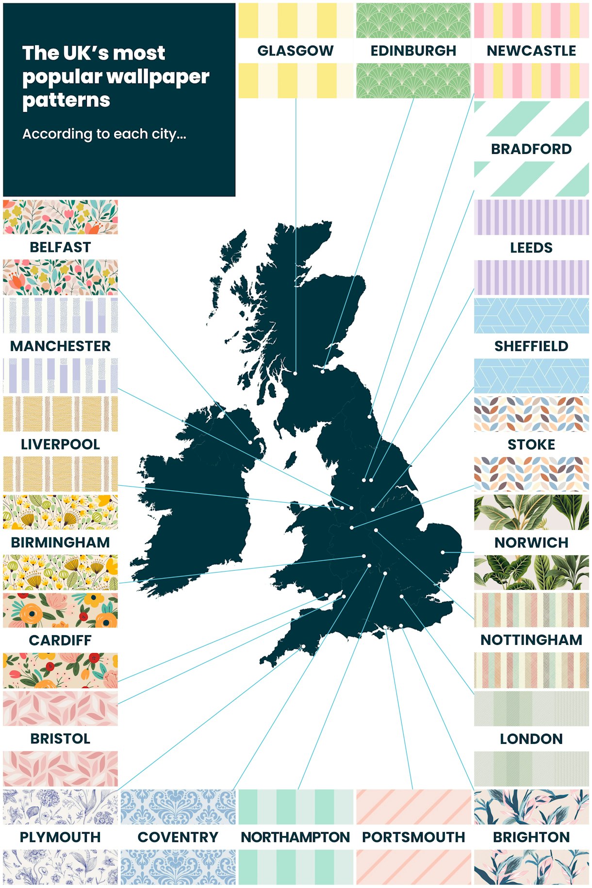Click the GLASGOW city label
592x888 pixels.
click(x=295, y=50)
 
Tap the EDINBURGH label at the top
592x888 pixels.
click(x=413, y=50)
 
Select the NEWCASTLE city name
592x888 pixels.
click(x=531, y=50)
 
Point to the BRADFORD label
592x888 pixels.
click(x=531, y=149)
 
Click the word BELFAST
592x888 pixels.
click(x=60, y=247)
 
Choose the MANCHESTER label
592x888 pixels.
click(x=60, y=346)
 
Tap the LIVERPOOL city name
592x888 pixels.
click(x=60, y=444)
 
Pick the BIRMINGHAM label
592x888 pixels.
click(x=60, y=542)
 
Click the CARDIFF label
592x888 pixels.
click(x=60, y=640)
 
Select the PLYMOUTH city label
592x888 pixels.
click(x=60, y=837)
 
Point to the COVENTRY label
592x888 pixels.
click(x=178, y=837)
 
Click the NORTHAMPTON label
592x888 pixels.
click(x=295, y=837)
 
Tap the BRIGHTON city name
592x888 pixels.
click(x=531, y=837)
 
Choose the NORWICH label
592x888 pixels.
click(x=531, y=542)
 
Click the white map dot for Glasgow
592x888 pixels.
click(x=295, y=373)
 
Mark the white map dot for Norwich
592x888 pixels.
click(x=443, y=552)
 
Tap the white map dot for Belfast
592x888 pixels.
click(x=250, y=442)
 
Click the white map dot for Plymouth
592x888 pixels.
click(x=303, y=646)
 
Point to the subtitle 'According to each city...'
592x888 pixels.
click(x=104, y=134)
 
